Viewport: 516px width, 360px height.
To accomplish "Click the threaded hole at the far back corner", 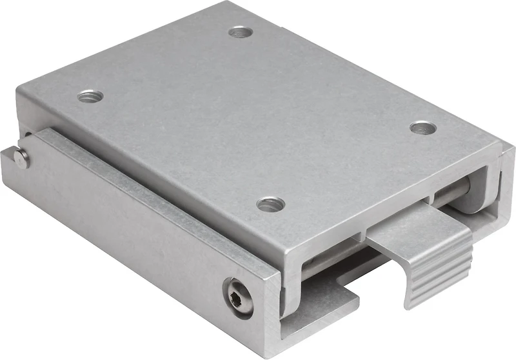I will pos(240,31).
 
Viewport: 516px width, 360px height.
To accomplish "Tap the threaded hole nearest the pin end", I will pos(90,97).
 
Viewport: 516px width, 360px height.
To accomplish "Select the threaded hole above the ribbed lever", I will pos(423,128).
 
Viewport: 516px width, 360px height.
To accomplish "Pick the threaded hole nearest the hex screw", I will pos(271,205).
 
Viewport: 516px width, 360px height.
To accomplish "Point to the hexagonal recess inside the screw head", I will pos(237,297).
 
